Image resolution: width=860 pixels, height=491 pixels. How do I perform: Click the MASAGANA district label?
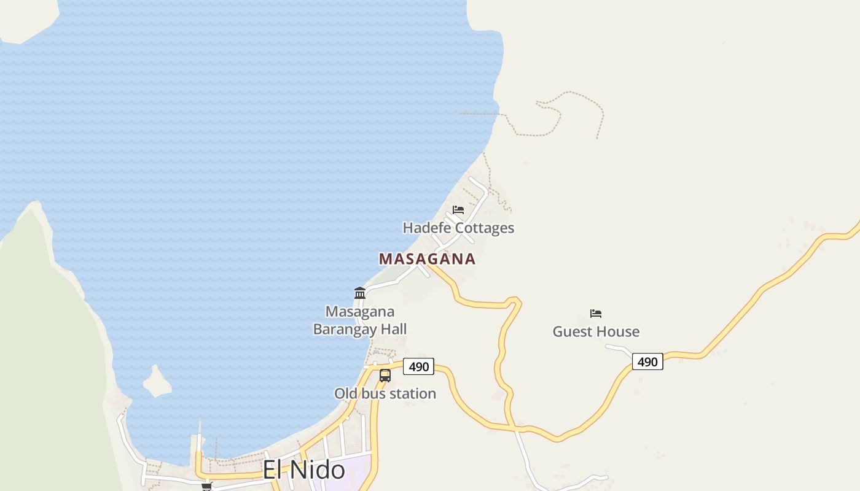[x=427, y=259]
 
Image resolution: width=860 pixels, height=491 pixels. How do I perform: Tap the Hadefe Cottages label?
[x=458, y=228]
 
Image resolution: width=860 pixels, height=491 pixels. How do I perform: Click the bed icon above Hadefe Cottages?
[x=458, y=210]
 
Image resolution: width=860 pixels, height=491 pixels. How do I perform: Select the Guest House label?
[x=596, y=331]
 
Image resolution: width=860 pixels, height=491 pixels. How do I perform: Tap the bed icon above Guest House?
[x=596, y=314]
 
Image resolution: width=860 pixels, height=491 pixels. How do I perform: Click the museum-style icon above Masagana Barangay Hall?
[x=360, y=293]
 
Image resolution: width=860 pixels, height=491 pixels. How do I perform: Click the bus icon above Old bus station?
[x=385, y=376]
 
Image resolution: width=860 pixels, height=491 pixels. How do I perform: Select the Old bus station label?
[x=385, y=393]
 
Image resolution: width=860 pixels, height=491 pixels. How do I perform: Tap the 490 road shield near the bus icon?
[x=419, y=367]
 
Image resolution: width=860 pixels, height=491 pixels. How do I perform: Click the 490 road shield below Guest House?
[x=647, y=362]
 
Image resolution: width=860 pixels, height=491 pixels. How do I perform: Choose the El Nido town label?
[x=303, y=470]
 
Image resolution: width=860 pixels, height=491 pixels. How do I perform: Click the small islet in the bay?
[x=157, y=382]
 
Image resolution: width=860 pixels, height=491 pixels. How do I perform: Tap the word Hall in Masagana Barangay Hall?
[x=394, y=329]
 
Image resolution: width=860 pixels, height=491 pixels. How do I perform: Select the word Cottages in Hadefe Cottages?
[x=485, y=228]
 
